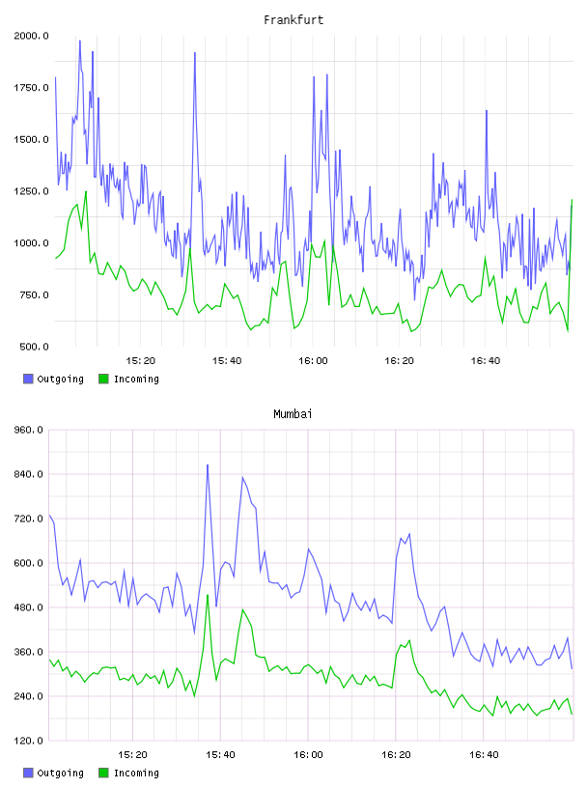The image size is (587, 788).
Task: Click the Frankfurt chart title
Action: (x=293, y=19)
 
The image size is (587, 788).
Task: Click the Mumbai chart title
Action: (x=293, y=413)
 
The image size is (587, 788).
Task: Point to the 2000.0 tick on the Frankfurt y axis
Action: (x=31, y=36)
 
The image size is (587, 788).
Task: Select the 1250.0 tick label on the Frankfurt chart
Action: (x=31, y=191)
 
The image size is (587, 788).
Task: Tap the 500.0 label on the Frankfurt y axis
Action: (x=34, y=347)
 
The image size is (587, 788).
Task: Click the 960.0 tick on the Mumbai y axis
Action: (x=28, y=430)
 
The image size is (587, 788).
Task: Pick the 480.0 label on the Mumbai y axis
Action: (x=28, y=607)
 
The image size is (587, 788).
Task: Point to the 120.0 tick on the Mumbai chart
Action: (x=28, y=741)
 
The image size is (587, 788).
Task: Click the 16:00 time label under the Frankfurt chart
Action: (x=313, y=360)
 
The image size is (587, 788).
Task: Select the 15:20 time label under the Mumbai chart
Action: (x=132, y=754)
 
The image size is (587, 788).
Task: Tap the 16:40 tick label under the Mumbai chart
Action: (x=484, y=754)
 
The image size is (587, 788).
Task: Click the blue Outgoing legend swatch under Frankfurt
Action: (x=28, y=379)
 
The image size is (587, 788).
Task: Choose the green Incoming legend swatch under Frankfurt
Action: (x=103, y=379)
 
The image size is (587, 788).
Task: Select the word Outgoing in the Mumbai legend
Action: (x=60, y=773)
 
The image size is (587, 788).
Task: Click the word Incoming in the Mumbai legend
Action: (x=136, y=773)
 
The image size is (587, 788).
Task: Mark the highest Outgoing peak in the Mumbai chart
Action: (x=208, y=464)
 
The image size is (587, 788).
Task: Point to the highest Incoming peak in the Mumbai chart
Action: (x=208, y=595)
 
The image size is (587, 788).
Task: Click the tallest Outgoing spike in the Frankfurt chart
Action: (x=80, y=41)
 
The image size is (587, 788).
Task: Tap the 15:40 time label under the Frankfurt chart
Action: (x=227, y=360)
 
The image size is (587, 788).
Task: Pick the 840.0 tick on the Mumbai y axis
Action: (x=28, y=474)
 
